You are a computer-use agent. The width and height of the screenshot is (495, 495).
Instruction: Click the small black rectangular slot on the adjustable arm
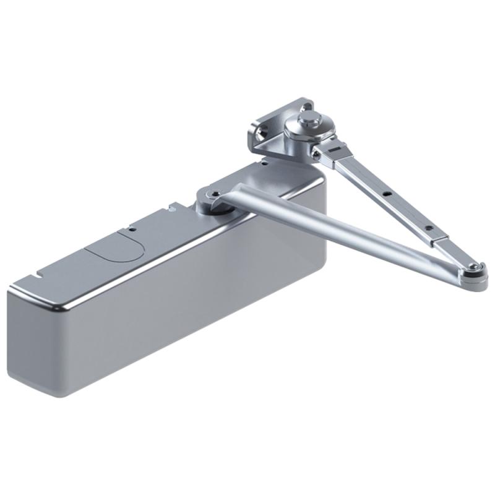click(335, 150)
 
